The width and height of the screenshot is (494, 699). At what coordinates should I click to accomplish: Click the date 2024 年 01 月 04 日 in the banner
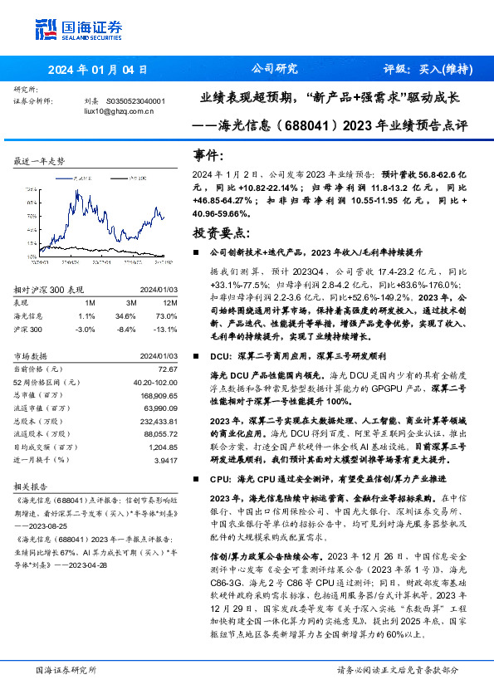tap(97, 70)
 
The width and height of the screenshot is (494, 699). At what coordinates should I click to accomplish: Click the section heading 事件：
tap(208, 155)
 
